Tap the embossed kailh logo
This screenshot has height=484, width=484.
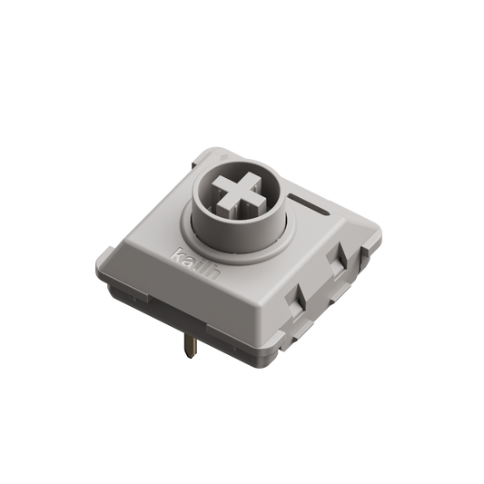(191, 250)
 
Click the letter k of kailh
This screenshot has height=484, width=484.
(178, 242)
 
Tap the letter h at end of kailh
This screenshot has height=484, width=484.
(204, 258)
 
